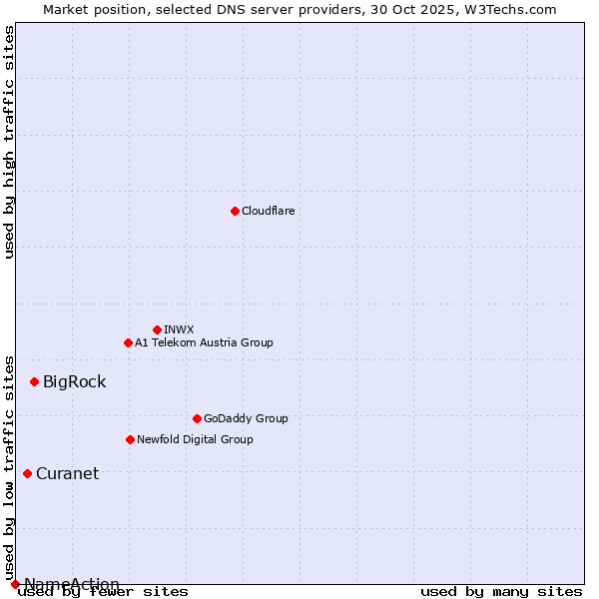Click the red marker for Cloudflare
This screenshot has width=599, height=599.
point(235,211)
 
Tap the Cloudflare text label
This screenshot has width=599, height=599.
point(268,211)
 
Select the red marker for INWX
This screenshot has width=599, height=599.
point(157,329)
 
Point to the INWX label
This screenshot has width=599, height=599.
point(179,329)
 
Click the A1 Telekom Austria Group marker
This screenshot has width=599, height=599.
point(128,342)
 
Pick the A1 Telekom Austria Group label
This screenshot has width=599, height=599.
point(204,342)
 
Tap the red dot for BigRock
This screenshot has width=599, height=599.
point(34,381)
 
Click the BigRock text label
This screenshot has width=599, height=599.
point(74,381)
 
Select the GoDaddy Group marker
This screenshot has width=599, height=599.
point(197,418)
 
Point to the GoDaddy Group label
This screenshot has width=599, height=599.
point(246,418)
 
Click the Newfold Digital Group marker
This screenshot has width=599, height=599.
point(130,439)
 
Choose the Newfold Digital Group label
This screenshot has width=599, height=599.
point(195,439)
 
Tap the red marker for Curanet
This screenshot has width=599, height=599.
point(27,473)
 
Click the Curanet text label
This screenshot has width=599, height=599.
point(67,473)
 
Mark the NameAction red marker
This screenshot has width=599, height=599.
point(15,584)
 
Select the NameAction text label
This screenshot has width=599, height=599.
point(72,584)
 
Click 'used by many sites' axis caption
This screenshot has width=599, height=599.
point(501,592)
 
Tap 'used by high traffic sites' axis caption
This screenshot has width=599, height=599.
point(9,142)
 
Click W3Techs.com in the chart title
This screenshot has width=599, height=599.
point(508,9)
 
